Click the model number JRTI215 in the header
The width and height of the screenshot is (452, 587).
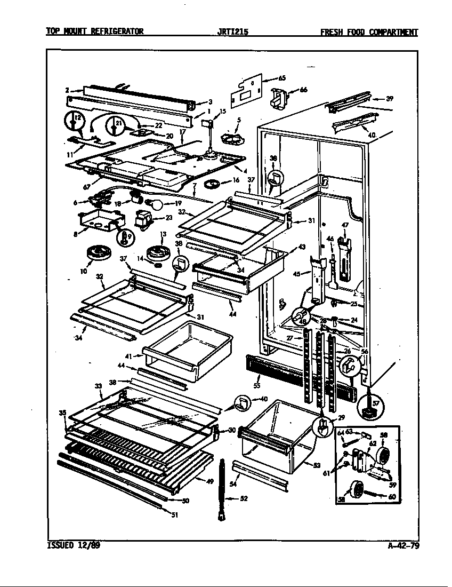tap(233, 31)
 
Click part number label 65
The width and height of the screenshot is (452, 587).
tap(282, 78)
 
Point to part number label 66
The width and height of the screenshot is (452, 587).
tap(303, 90)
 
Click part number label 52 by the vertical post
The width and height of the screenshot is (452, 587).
tap(243, 499)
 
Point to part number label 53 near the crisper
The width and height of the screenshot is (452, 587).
tap(316, 465)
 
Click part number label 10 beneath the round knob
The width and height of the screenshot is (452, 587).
tap(84, 271)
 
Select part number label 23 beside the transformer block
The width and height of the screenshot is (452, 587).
tap(169, 217)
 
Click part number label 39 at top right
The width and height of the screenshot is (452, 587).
tap(390, 98)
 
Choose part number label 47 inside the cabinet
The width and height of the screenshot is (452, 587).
tap(345, 226)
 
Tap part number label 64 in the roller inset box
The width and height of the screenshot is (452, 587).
tap(341, 432)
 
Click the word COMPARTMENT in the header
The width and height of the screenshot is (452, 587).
tap(391, 31)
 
